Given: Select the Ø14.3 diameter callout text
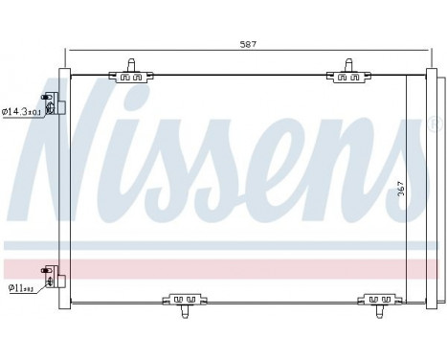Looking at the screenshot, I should coord(21,112).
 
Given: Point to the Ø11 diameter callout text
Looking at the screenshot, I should coord(21,286).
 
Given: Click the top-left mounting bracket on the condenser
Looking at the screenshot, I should coord(135,75).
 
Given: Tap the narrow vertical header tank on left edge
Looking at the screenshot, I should coord(63,191).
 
